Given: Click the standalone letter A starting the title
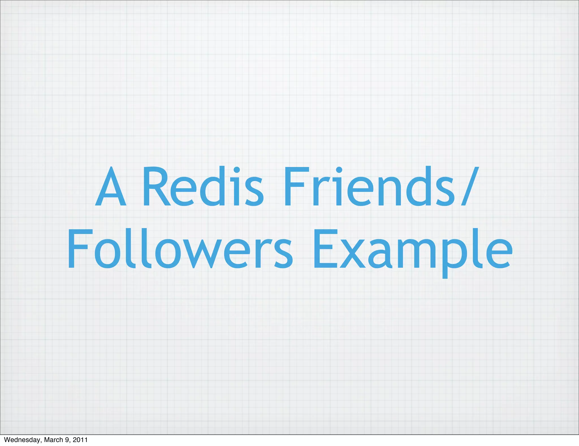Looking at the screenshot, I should (111, 187).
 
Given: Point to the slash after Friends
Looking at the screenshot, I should (470, 187).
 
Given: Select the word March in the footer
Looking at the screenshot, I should (53, 440).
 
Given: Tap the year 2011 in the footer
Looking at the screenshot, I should (80, 440).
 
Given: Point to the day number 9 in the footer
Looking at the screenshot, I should (67, 440).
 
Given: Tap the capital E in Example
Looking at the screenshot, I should (325, 249).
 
